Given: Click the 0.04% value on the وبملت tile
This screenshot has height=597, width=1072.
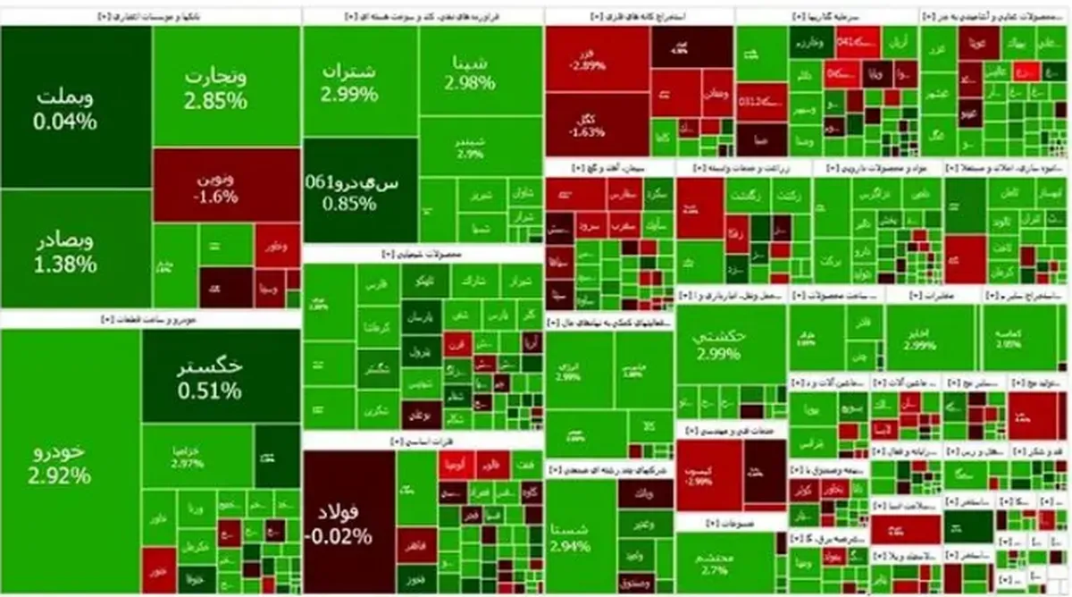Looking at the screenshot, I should (x=64, y=121).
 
